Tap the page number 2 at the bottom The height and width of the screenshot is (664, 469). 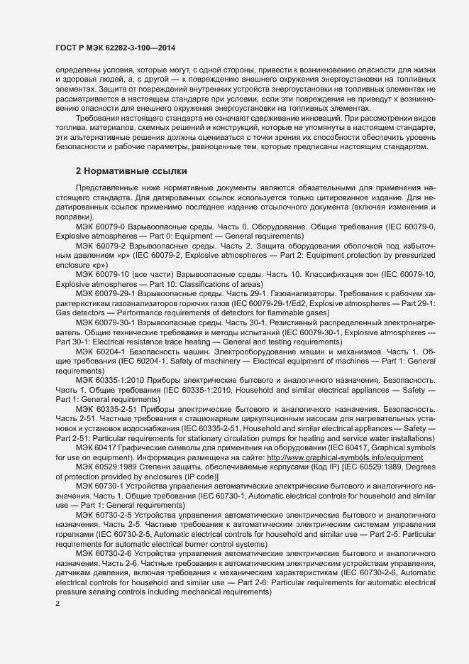pyautogui.click(x=57, y=603)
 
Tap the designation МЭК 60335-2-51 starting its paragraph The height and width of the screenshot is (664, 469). pyautogui.click(x=106, y=410)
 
